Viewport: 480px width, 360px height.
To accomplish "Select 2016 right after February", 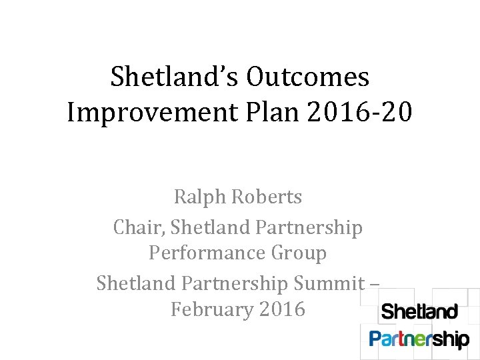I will (283, 309).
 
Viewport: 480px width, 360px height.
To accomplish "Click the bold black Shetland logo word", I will (419, 312).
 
